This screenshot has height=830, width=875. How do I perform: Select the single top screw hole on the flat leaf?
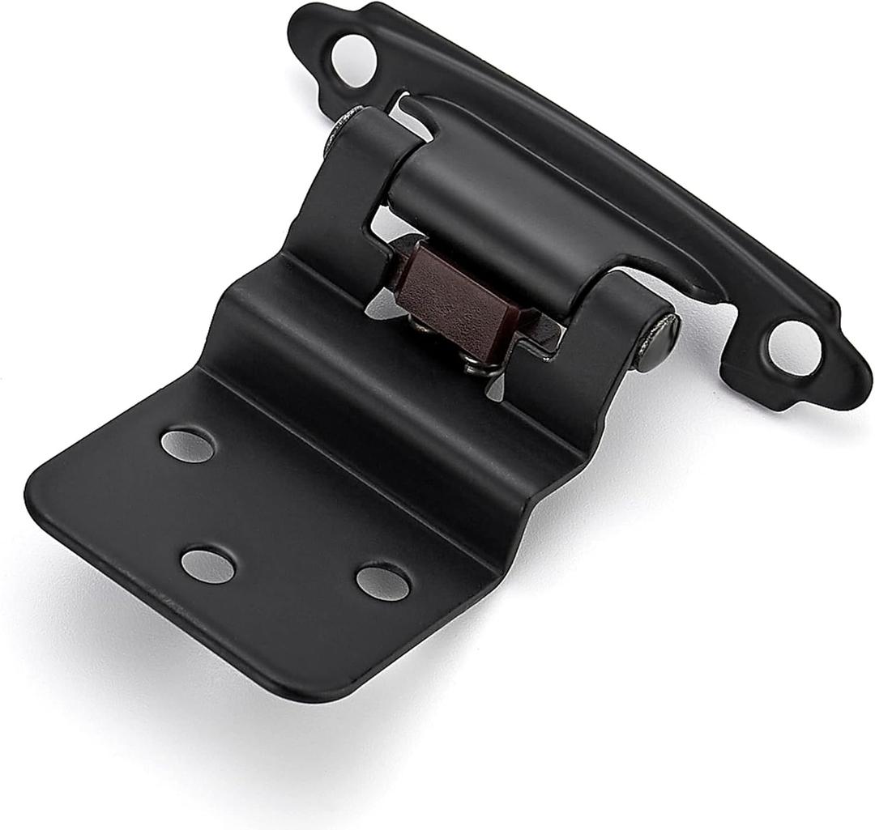pos(188,445)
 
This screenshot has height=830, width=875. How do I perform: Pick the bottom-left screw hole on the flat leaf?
pos(207,565)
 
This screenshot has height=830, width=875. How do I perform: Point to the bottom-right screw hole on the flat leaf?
pos(382,581)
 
